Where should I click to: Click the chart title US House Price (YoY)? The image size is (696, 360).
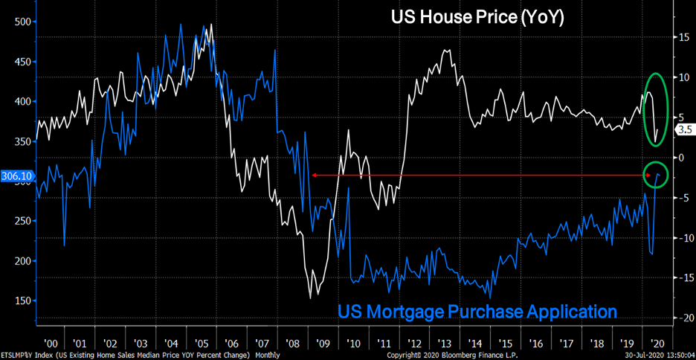click(478, 18)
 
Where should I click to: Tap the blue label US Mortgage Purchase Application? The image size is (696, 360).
click(477, 311)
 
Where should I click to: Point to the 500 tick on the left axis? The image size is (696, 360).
click(22, 22)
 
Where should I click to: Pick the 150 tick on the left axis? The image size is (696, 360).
click(22, 301)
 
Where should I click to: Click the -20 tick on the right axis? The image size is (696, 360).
click(680, 318)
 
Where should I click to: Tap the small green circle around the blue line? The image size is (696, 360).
click(655, 175)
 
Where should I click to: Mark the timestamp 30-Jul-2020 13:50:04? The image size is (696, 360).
click(659, 355)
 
